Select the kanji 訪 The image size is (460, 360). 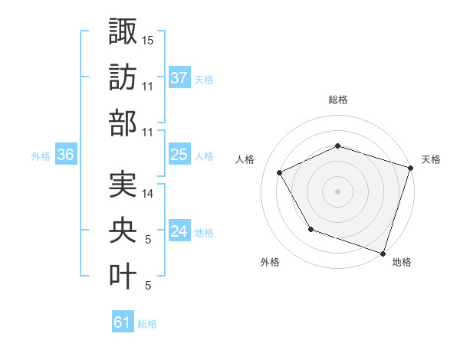123,77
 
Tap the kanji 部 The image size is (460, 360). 123,123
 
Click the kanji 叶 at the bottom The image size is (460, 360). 123,276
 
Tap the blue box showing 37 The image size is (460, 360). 179,77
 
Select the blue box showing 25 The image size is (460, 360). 179,155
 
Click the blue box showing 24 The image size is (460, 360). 179,231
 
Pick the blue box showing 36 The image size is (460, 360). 66,155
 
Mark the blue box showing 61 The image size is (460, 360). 123,322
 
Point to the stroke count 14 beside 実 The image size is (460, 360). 149,195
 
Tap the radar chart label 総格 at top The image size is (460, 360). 338,100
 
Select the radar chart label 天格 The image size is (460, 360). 431,159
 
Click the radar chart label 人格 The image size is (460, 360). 245,159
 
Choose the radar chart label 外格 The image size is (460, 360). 270,262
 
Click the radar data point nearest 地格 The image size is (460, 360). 383,253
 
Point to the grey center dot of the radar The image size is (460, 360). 338,191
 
